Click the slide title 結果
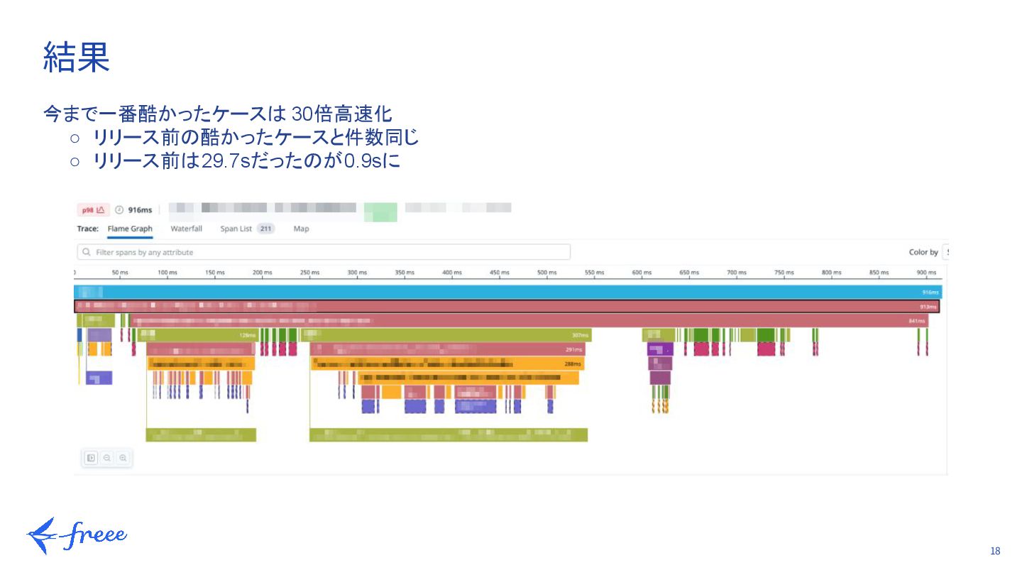pyautogui.click(x=77, y=57)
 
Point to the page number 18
pyautogui.click(x=994, y=552)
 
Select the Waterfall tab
pyautogui.click(x=186, y=229)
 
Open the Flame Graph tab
pyautogui.click(x=130, y=229)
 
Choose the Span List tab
pyautogui.click(x=236, y=229)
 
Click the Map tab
pyautogui.click(x=301, y=229)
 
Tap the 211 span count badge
pyautogui.click(x=265, y=229)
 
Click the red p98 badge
pyautogui.click(x=93, y=210)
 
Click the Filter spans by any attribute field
pyautogui.click(x=324, y=252)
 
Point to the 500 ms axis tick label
pyautogui.click(x=546, y=273)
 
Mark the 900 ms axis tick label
pyautogui.click(x=926, y=273)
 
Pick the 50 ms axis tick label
pyautogui.click(x=120, y=273)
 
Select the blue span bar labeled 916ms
pyautogui.click(x=508, y=292)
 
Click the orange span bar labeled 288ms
pyautogui.click(x=447, y=364)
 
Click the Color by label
pyautogui.click(x=923, y=252)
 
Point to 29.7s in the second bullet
pyautogui.click(x=221, y=162)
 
